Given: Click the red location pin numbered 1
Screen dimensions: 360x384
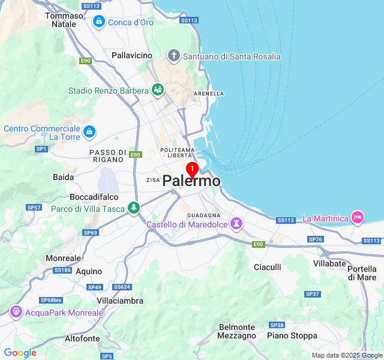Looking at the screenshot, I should (x=192, y=169).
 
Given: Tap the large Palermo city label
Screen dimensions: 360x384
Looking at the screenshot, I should (x=191, y=181).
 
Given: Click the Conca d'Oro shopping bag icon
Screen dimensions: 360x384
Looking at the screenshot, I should (x=98, y=22).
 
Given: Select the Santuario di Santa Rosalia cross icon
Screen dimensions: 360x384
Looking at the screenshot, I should (x=174, y=56).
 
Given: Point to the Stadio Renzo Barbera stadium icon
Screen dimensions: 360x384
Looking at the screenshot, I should (x=158, y=91).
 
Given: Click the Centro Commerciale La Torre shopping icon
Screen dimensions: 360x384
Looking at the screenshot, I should (x=89, y=131).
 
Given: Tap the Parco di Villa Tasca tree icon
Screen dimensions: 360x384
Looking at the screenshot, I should (x=133, y=209).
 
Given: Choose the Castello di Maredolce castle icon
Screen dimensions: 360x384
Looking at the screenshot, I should (x=238, y=224).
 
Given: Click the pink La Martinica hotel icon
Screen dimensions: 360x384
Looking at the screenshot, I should (x=358, y=218).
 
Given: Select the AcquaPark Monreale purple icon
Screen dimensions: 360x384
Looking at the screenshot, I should (x=16, y=312).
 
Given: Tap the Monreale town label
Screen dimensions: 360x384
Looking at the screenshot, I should (x=63, y=258).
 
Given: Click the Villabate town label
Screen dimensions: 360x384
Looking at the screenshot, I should (x=329, y=263).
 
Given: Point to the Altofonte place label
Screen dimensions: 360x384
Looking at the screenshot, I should (x=82, y=338).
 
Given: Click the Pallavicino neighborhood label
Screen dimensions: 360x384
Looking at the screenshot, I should (x=132, y=55).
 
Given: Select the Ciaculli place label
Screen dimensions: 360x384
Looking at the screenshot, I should (x=268, y=266).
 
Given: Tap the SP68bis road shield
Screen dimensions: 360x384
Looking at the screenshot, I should (x=51, y=300).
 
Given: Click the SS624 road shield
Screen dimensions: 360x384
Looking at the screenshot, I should (x=121, y=287).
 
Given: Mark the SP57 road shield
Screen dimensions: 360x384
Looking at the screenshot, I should (x=34, y=208).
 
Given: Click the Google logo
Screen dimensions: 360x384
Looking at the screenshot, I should (x=20, y=353).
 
